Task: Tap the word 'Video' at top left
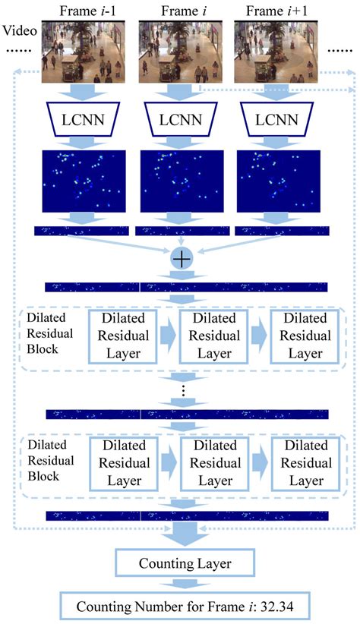coord(19,33)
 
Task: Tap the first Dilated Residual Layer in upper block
coord(123,336)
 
